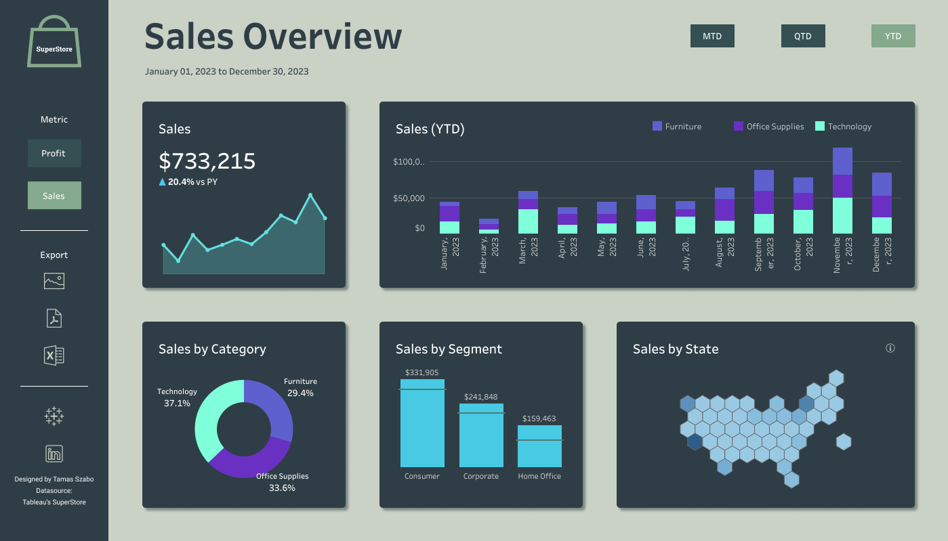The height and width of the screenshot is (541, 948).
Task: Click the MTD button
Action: coord(712,36)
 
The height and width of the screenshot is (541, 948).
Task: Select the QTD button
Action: coord(803,36)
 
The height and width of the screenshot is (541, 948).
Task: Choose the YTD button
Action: coord(893,36)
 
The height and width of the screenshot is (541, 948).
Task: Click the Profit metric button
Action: coord(54,153)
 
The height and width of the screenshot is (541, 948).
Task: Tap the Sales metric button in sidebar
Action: coord(54,196)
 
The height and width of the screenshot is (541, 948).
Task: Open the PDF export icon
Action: coord(54,318)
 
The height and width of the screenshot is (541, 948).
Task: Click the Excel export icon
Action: coord(54,355)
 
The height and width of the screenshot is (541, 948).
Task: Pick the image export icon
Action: coord(54,280)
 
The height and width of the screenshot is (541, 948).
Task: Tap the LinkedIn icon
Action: coord(54,454)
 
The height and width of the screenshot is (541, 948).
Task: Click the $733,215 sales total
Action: coord(207,160)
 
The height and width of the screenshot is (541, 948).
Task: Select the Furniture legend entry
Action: coord(676,127)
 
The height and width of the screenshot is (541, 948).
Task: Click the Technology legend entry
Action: coord(843,127)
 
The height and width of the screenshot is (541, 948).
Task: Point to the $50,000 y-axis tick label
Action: coord(409,198)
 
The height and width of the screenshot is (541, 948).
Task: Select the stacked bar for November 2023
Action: coord(842,191)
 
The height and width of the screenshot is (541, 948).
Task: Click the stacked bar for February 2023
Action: coord(489,226)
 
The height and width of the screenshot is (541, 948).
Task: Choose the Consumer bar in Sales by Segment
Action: coord(422,423)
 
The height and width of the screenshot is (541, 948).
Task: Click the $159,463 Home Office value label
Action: coord(539,418)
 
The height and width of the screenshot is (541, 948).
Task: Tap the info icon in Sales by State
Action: coord(890,348)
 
